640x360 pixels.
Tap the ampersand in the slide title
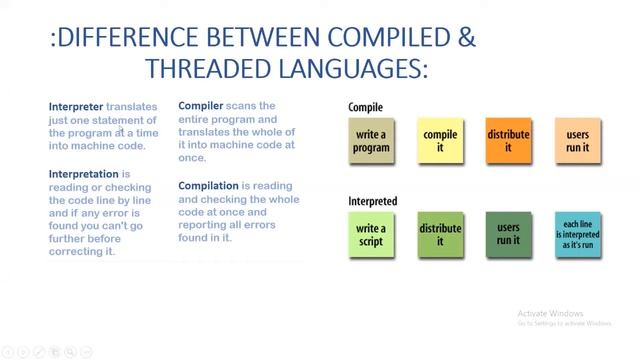tap(466, 39)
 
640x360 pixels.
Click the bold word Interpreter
tap(76, 106)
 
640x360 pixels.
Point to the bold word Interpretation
tap(84, 174)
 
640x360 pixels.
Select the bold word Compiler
tap(201, 106)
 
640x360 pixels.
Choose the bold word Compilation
tap(208, 186)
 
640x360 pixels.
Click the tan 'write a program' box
tap(371, 141)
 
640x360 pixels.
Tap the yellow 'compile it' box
tap(440, 141)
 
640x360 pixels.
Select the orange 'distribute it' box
tap(509, 141)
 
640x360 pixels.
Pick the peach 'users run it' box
tap(578, 141)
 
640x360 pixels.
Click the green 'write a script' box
tap(371, 234)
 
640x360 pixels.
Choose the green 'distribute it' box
tap(440, 234)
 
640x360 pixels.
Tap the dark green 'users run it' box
tap(509, 234)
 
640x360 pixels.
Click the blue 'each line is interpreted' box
tap(578, 235)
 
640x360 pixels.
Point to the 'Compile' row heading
tap(365, 107)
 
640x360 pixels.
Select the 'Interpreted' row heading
tap(372, 201)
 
